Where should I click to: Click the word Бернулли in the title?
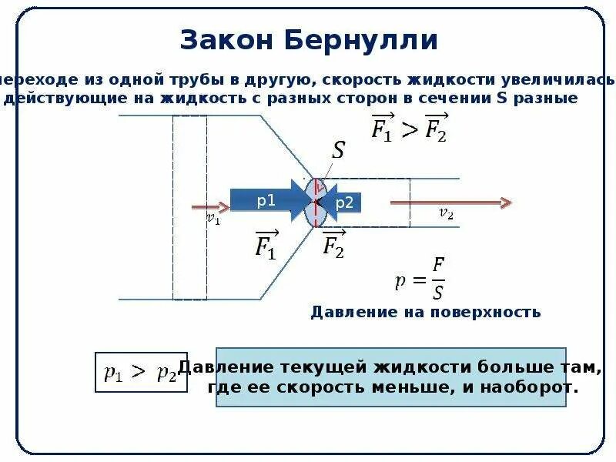363,41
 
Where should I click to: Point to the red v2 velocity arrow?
450,203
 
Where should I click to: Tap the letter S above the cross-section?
338,150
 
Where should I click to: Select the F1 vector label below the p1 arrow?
266,246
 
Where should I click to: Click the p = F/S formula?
420,279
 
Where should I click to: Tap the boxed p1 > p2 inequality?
140,373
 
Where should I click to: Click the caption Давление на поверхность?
425,312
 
